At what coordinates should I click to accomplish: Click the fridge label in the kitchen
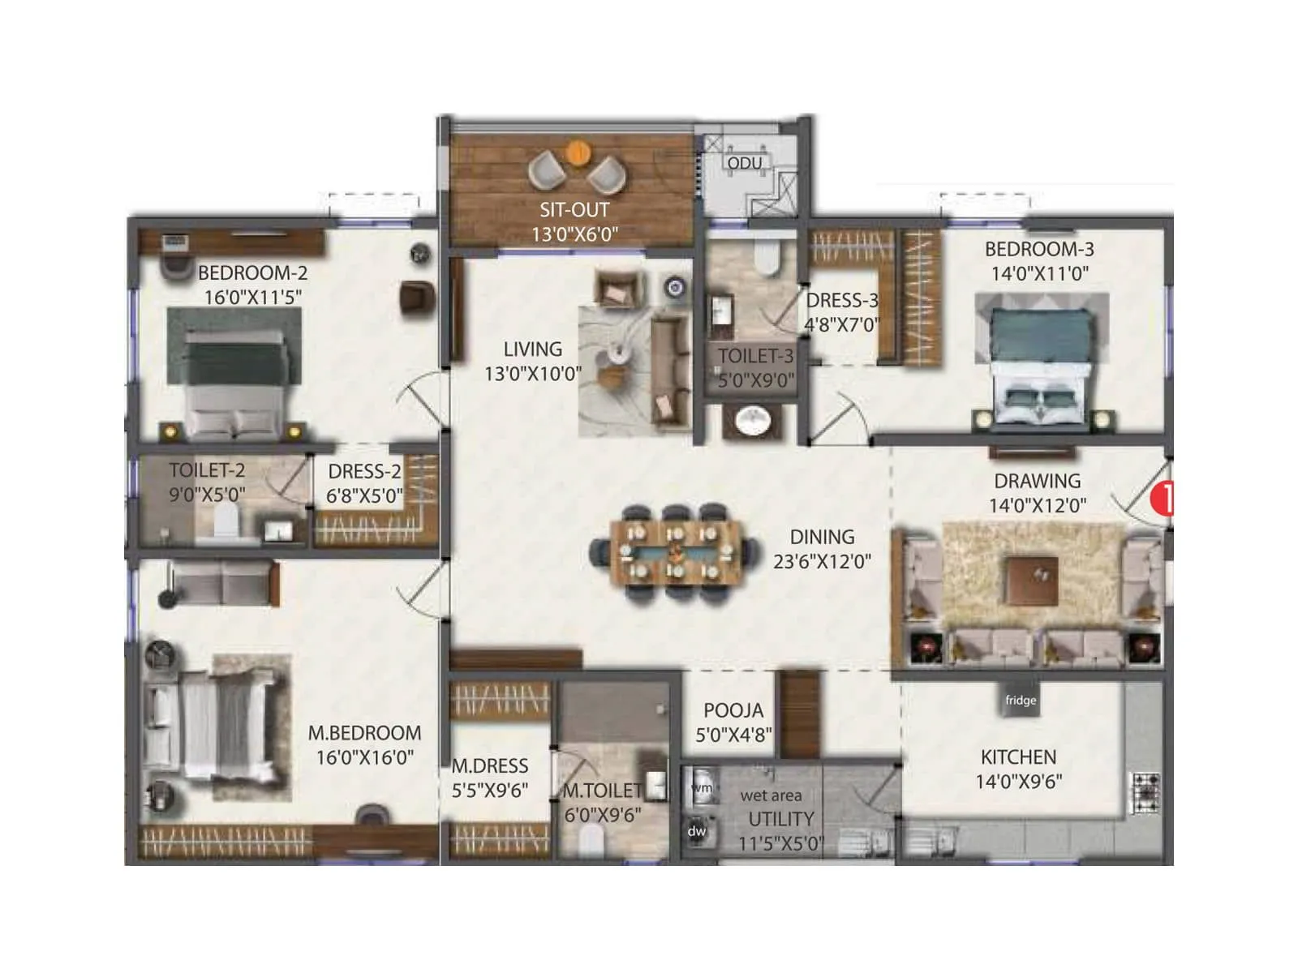[1021, 701]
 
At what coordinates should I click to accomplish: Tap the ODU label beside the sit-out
[744, 164]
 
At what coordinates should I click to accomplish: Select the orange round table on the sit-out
[578, 152]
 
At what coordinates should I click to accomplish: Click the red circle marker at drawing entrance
[1163, 498]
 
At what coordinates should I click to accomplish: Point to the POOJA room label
[733, 711]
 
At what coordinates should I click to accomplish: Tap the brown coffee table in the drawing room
[1032, 580]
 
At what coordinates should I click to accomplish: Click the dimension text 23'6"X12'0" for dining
[822, 561]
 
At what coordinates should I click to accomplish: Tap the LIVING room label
[532, 349]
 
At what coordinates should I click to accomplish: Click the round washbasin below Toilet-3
[754, 421]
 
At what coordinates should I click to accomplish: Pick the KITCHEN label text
[1018, 757]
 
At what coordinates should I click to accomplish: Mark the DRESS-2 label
[364, 472]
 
